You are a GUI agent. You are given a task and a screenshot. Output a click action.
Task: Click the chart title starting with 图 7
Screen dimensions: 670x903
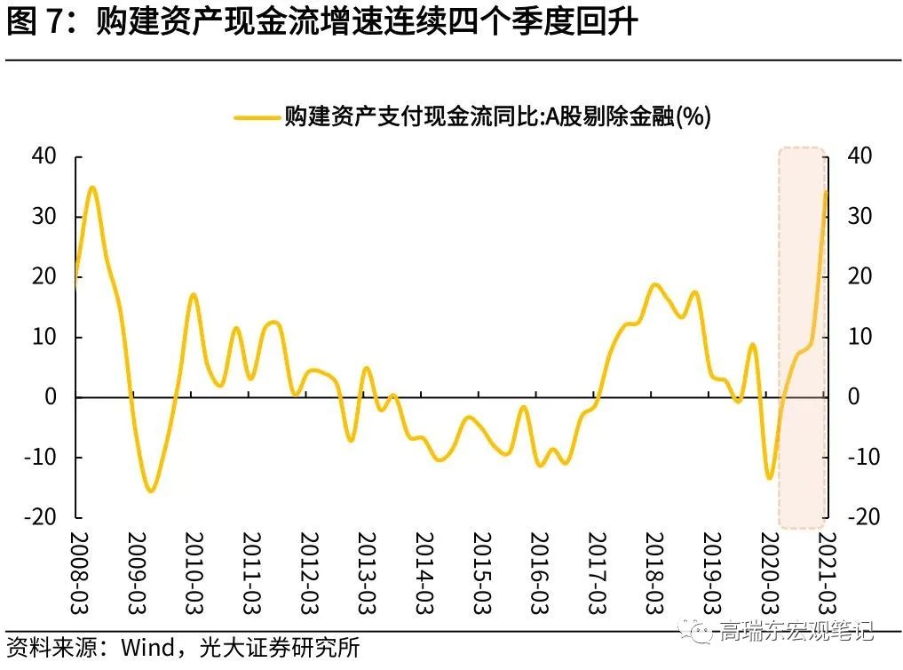point(321,22)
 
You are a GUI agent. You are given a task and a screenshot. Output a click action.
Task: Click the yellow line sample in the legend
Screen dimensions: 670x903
point(257,116)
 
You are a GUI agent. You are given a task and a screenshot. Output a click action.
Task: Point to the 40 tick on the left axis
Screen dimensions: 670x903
point(44,156)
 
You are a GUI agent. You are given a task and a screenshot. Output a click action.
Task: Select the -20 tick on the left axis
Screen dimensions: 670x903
point(42,517)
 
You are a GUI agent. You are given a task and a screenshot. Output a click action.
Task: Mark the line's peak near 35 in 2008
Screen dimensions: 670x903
point(91,187)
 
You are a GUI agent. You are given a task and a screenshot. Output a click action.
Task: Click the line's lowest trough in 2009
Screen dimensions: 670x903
point(150,491)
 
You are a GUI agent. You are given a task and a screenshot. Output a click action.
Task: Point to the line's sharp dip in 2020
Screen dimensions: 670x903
point(769,478)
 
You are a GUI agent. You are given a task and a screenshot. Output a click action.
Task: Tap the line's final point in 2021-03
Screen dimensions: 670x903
point(827,191)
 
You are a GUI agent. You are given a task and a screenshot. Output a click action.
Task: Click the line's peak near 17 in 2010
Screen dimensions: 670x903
point(194,295)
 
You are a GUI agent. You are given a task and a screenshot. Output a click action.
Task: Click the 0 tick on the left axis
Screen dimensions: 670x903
point(51,397)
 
